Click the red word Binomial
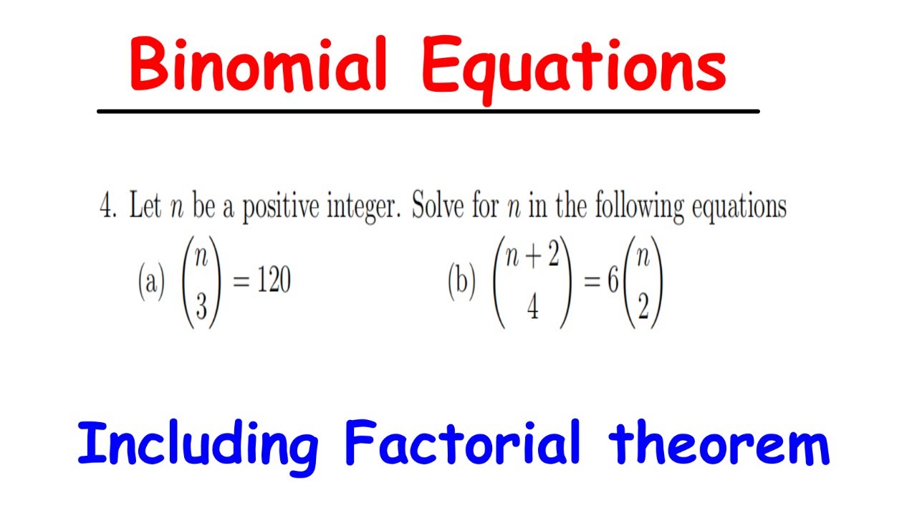click(259, 66)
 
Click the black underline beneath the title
click(428, 111)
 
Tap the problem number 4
click(107, 207)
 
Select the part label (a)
click(150, 284)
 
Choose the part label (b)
click(461, 284)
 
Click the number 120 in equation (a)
click(273, 283)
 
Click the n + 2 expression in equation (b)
click(532, 255)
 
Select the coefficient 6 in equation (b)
click(613, 283)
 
